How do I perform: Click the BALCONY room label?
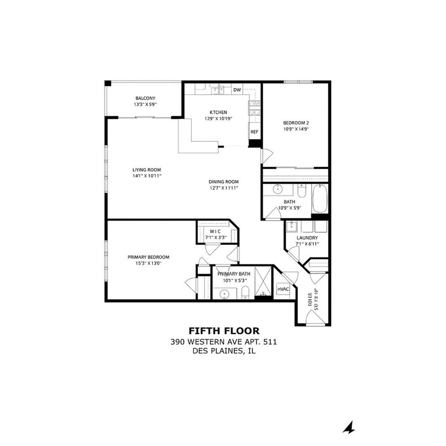tap(145, 98)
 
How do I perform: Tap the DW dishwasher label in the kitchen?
tap(237, 90)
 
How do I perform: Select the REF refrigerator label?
tap(254, 132)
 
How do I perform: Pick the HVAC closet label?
tap(282, 289)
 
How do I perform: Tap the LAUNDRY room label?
tap(307, 237)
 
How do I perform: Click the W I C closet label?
tap(215, 231)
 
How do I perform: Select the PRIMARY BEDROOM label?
tap(148, 257)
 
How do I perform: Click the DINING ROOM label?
tap(224, 182)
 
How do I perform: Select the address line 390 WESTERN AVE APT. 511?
tap(224, 342)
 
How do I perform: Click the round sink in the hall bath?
tap(277, 190)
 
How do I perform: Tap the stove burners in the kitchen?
tap(253, 108)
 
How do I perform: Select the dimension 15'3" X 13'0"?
tap(148, 263)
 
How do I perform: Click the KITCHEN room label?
tap(218, 113)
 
